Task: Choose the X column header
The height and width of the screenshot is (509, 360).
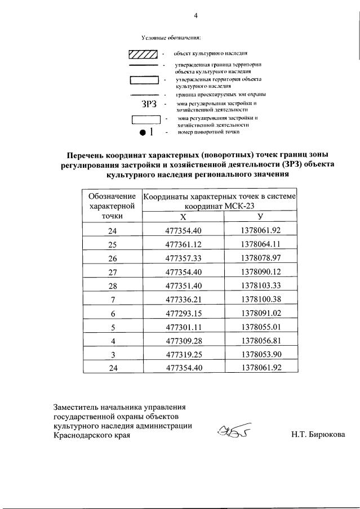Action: point(183,217)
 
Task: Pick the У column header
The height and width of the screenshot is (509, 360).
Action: point(260,217)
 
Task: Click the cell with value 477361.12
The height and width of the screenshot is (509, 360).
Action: point(183,244)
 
